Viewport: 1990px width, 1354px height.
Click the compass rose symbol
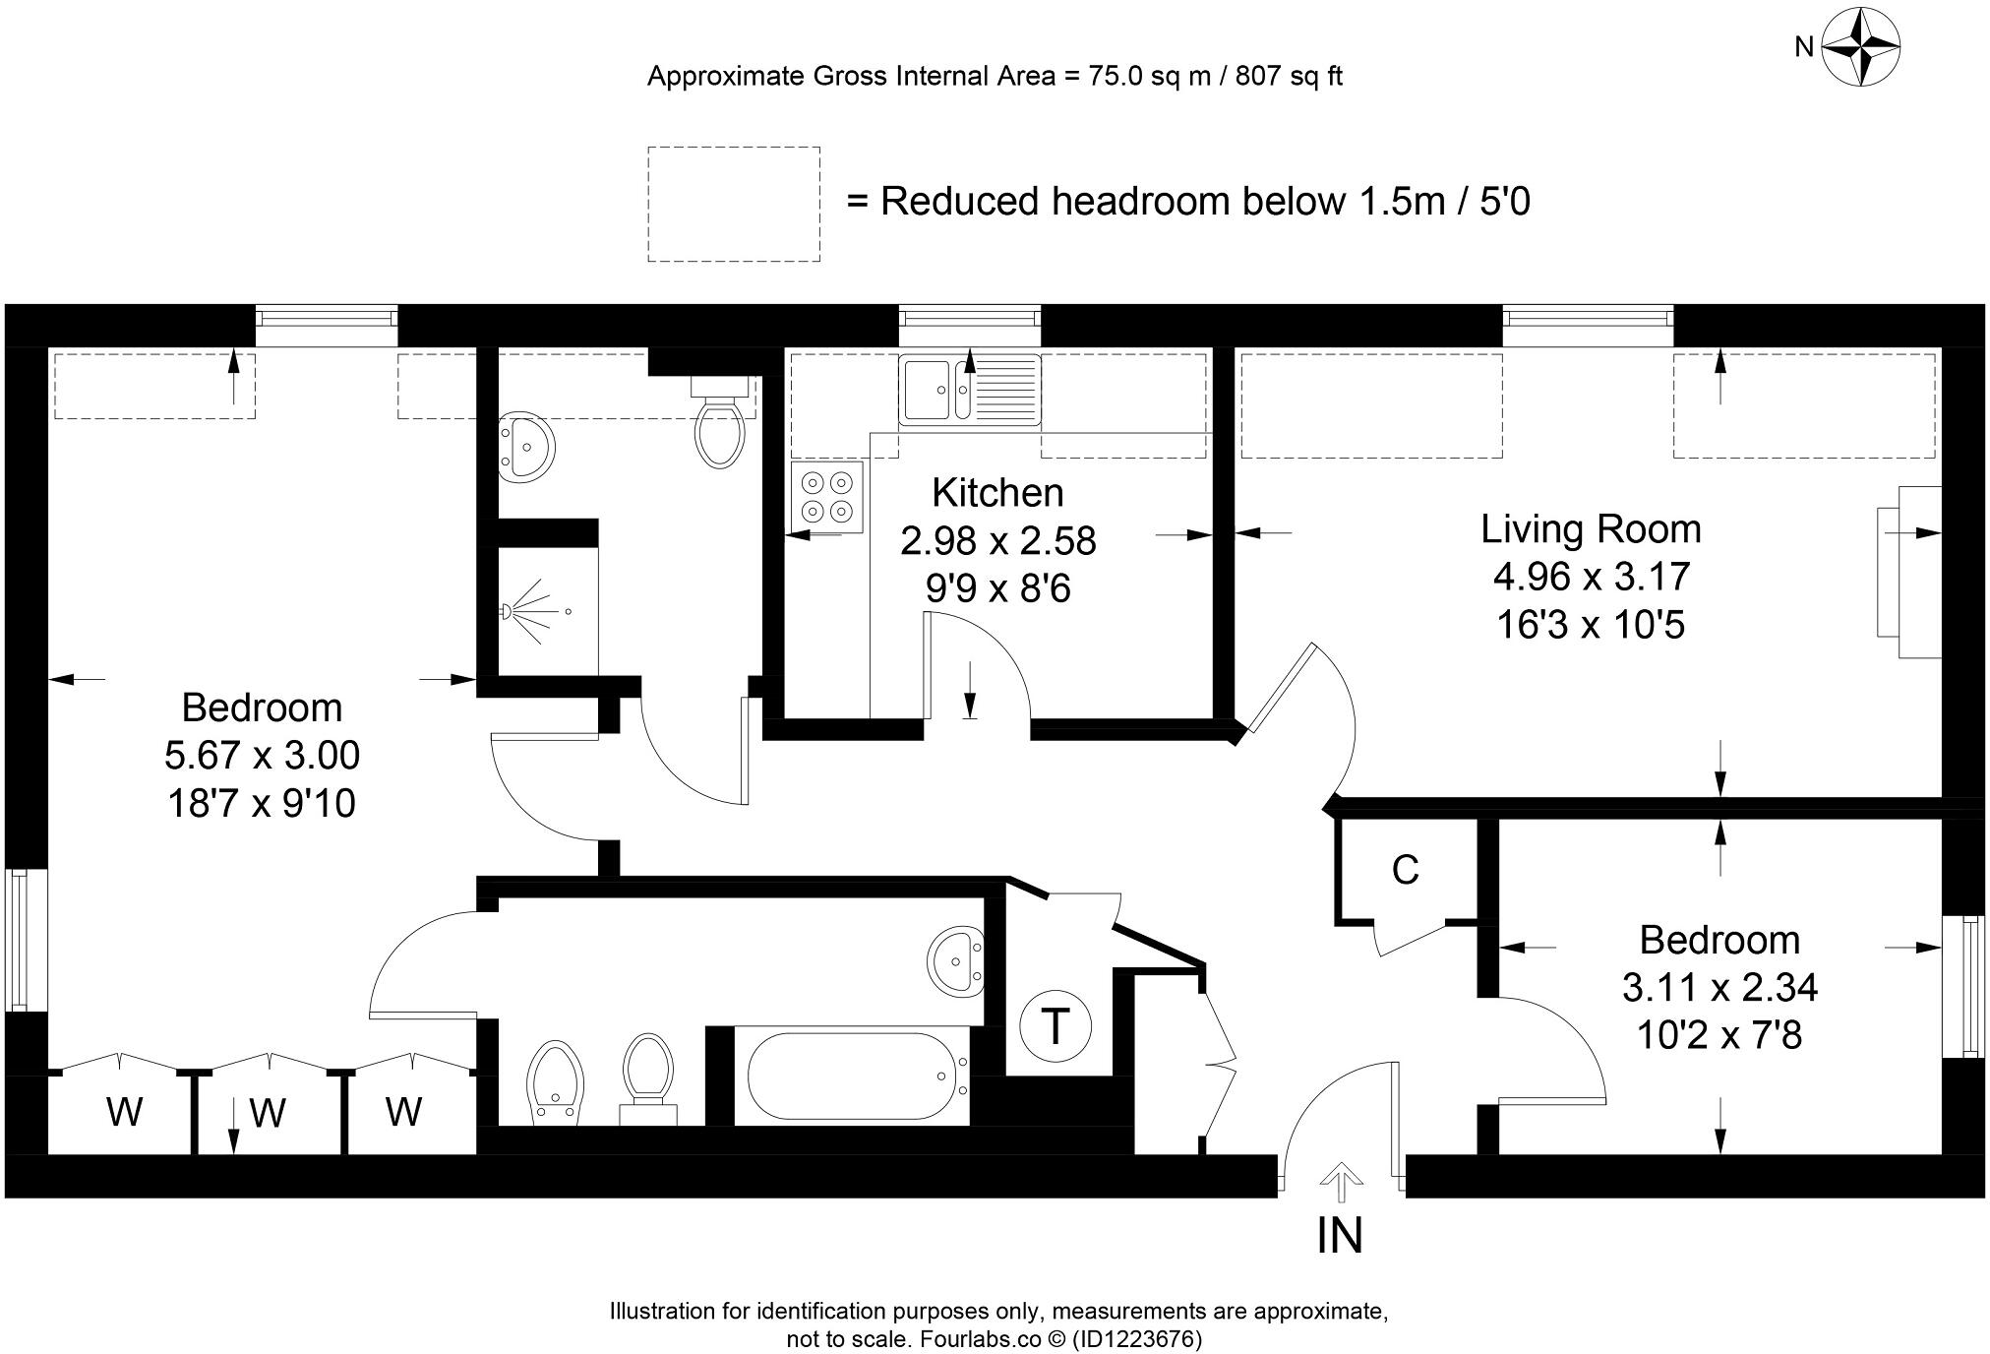(1860, 46)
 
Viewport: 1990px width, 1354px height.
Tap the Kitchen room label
(997, 492)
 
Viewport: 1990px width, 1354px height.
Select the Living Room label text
(1591, 529)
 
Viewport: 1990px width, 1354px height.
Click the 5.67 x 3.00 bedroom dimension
(262, 756)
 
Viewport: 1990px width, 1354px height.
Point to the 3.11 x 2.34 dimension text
(1719, 987)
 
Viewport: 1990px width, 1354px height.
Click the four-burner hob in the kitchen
(826, 497)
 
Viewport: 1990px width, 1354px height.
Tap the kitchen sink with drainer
(969, 390)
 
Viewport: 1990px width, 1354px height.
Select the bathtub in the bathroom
(852, 1077)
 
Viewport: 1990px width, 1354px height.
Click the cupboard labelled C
(1405, 870)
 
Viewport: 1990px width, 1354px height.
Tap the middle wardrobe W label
(267, 1114)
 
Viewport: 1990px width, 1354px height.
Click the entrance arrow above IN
(1338, 1183)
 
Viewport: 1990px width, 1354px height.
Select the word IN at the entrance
(1339, 1236)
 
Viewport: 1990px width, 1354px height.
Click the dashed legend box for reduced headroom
(733, 204)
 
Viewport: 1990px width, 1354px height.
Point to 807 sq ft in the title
(1288, 77)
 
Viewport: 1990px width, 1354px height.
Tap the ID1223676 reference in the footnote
(1136, 1339)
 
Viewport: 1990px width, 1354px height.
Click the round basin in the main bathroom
(954, 958)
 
